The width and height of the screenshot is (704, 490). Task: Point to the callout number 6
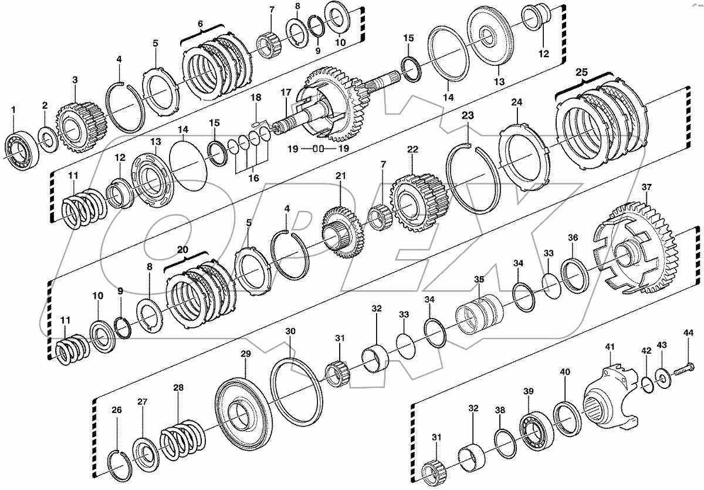(200, 24)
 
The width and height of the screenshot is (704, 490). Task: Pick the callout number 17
(286, 92)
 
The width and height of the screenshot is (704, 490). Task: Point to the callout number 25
(581, 72)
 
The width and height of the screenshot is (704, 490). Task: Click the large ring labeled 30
(296, 388)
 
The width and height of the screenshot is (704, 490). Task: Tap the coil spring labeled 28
(181, 435)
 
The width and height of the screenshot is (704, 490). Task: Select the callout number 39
(527, 392)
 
